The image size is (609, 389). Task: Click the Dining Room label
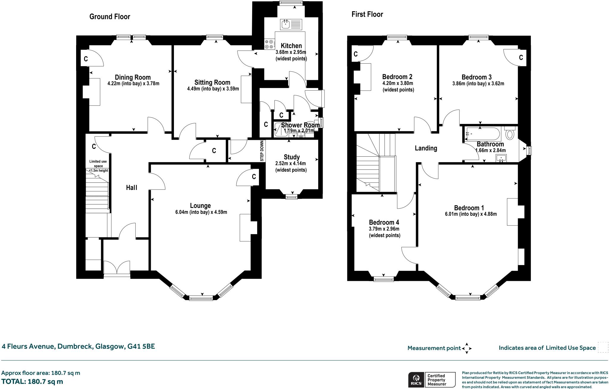(133, 78)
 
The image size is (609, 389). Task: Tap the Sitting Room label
(212, 82)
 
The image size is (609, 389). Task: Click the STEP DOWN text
(262, 151)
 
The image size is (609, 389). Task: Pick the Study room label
(292, 157)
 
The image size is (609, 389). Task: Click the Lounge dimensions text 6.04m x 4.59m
(201, 212)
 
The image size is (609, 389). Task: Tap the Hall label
(131, 188)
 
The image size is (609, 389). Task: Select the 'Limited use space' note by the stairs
(98, 166)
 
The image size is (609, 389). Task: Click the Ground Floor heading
(110, 17)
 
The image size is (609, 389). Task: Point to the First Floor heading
(367, 14)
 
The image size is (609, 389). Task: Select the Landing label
(426, 148)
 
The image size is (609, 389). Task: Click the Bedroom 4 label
(384, 222)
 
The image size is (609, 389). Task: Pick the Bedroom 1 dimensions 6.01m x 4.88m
(471, 214)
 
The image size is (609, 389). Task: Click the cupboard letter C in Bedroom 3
(521, 57)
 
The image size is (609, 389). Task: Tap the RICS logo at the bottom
(416, 379)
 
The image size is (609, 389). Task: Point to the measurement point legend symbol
(467, 348)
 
